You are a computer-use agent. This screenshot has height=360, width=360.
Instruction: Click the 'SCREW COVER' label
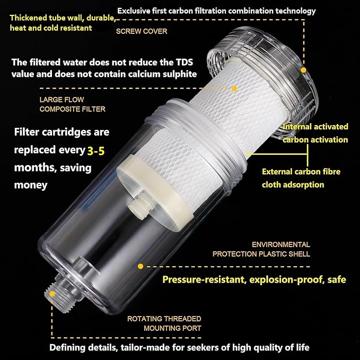tap(142, 31)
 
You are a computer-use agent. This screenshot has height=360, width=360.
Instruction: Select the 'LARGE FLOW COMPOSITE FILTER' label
tap(72, 104)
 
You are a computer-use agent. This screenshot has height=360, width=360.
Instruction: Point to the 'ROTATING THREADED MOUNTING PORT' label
tap(164, 323)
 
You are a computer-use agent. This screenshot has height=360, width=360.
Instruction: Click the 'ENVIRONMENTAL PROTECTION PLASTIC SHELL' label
tap(261, 249)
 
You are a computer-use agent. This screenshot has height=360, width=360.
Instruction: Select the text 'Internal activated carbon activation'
tap(315, 133)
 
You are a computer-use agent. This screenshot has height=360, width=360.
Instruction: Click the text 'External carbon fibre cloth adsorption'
tap(301, 178)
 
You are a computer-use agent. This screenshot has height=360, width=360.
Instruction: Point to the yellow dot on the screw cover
tap(304, 69)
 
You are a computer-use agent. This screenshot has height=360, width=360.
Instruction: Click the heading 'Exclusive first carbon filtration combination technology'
tap(216, 11)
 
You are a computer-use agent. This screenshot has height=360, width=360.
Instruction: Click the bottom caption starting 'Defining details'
tap(179, 348)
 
